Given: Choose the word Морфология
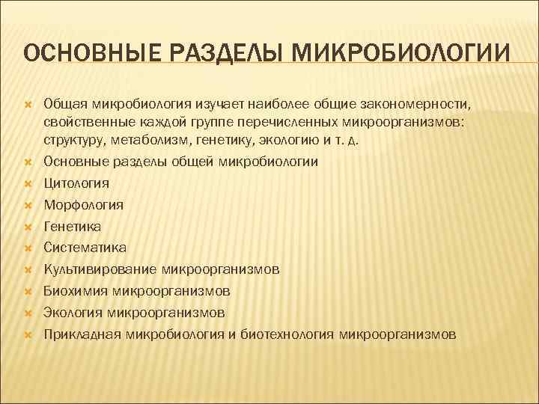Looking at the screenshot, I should click(x=83, y=204).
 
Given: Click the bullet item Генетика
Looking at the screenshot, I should click(x=72, y=226).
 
